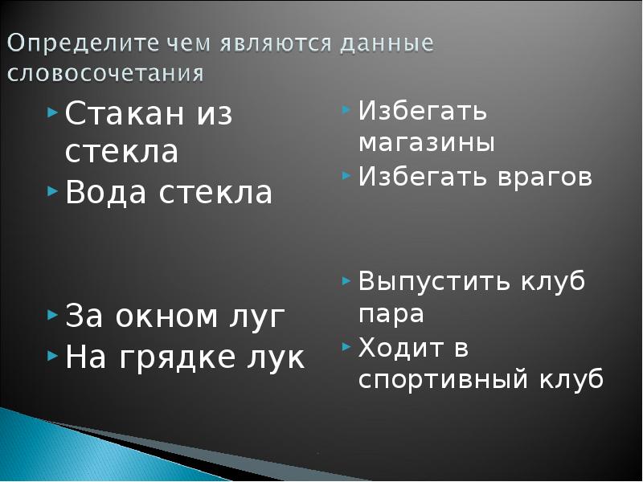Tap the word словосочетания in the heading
coord(106,74)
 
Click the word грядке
coord(184,357)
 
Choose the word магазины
coord(426,143)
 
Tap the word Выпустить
coord(429,283)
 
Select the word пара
coord(391,314)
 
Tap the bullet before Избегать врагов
coord(346,174)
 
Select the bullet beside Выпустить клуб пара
coord(346,280)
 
